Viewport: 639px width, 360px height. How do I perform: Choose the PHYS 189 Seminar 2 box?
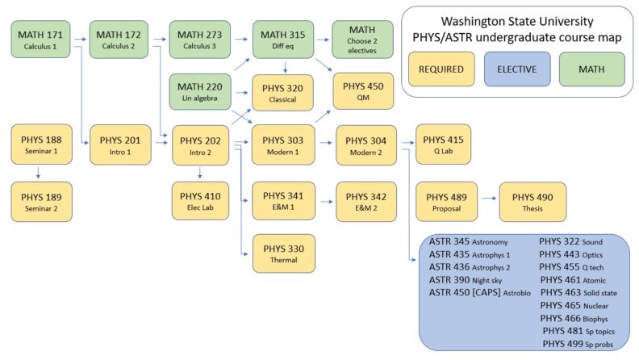pos(40,201)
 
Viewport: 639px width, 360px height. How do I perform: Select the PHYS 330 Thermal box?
pos(282,253)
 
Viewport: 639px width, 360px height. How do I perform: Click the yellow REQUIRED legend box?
pos(441,69)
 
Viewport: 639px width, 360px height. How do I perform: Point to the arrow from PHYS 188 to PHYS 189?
pos(40,172)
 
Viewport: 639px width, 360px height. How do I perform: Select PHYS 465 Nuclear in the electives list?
pos(574,305)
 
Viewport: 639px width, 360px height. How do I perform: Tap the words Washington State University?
pos(519,21)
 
